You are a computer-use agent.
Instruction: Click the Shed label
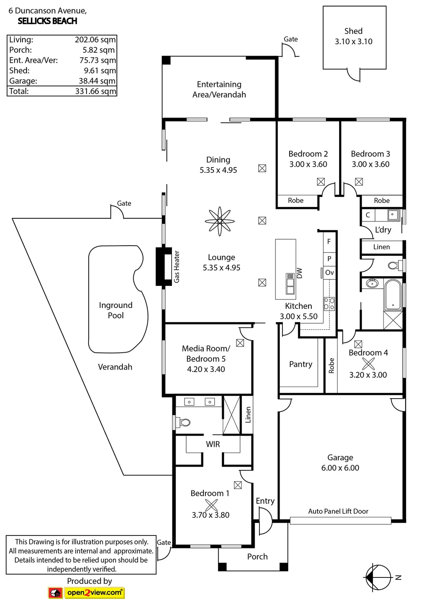(353, 31)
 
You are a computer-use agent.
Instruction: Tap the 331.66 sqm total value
(95, 91)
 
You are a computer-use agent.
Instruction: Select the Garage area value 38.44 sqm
(97, 81)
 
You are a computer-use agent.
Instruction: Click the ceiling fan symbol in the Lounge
(220, 221)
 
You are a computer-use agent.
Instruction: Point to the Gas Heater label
(176, 267)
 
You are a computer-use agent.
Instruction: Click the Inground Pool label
(116, 310)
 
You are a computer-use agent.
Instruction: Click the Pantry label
(301, 364)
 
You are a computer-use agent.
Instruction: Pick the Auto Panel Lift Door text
(338, 511)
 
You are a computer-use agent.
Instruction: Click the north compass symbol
(379, 577)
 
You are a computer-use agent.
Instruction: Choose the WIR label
(213, 444)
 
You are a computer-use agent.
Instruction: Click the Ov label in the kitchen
(329, 273)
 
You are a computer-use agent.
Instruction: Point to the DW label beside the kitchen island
(299, 273)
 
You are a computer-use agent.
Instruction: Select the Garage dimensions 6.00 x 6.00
(340, 468)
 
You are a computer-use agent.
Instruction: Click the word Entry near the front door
(265, 501)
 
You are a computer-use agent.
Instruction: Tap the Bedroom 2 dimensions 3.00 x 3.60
(308, 164)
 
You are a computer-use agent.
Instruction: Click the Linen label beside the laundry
(381, 247)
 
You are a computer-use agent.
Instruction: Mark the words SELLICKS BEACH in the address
(47, 21)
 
